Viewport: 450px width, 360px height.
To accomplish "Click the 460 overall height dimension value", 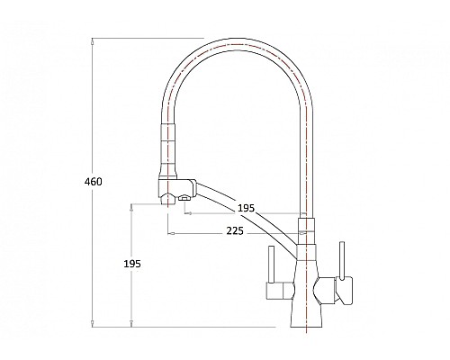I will (93, 182).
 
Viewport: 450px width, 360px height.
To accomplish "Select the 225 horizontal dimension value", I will (237, 232).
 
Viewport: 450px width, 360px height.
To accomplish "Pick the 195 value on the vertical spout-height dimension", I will (131, 265).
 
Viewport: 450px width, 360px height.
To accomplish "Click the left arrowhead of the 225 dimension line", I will (169, 232).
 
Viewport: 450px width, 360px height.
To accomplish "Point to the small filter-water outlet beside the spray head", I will (186, 197).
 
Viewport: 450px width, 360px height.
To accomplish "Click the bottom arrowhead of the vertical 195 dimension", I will (131, 323).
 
